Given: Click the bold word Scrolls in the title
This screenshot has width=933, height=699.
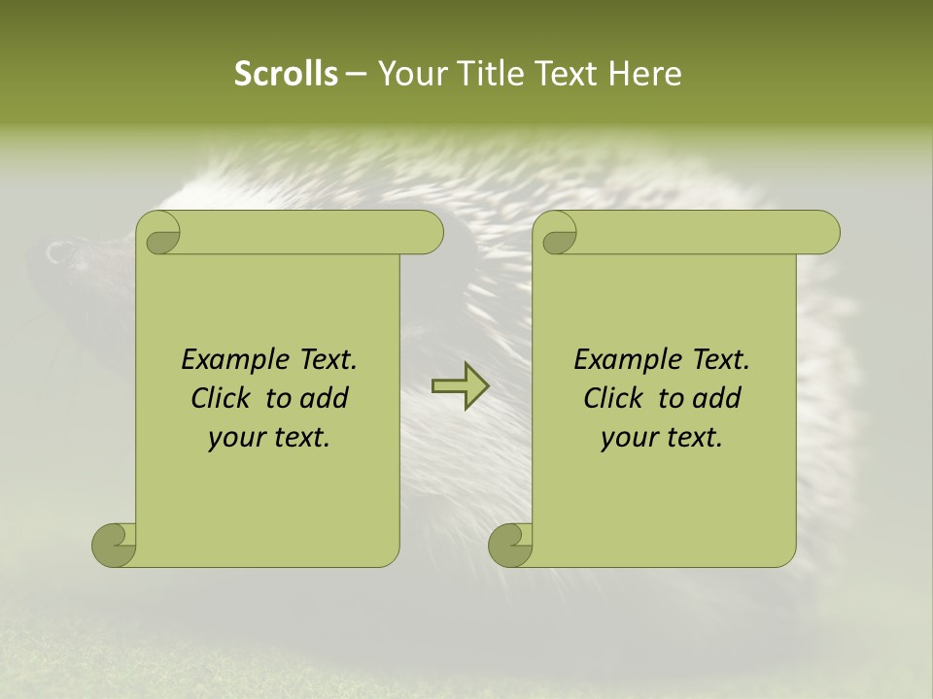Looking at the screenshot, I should coord(286,74).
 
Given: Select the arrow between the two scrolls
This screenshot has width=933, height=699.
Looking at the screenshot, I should coord(460,385).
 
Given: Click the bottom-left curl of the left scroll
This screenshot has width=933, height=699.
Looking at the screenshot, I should coord(114,544).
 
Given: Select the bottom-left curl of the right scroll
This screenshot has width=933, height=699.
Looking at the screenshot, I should coord(510,544).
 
